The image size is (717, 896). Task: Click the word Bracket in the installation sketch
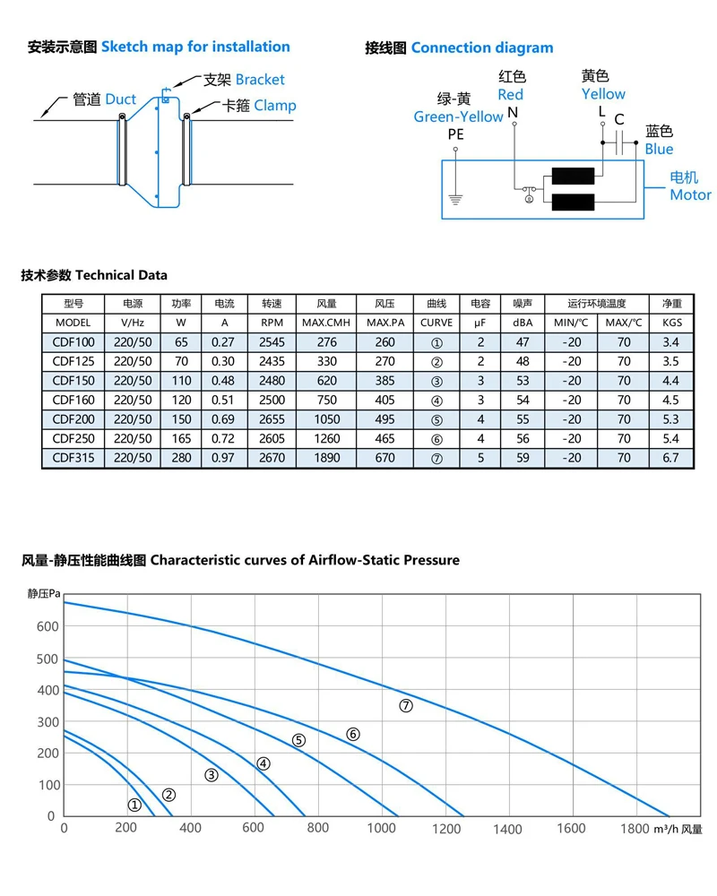(260, 80)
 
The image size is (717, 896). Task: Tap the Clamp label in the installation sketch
(275, 106)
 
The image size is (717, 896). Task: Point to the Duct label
(121, 99)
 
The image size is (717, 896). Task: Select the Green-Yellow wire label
(458, 117)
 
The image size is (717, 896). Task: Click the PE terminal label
(455, 134)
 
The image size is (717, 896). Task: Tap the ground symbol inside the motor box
(455, 200)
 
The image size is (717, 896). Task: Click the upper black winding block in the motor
(573, 176)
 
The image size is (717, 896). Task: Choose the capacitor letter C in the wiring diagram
(619, 119)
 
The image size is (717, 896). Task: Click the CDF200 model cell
(73, 419)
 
